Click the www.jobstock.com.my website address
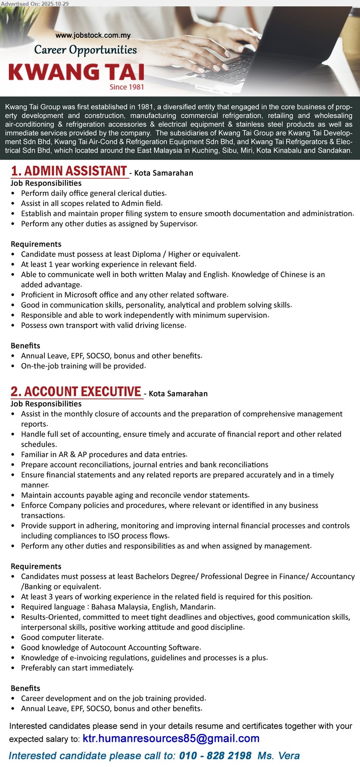(93, 36)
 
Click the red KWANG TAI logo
(77, 72)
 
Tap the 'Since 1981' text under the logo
(127, 87)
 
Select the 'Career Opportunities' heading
(86, 50)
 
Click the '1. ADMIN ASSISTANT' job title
(69, 171)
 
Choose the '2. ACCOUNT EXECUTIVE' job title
(76, 392)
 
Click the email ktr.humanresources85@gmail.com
(171, 739)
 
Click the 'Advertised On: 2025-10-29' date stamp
(35, 3)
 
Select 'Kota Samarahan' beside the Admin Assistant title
(163, 173)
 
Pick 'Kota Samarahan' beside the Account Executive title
(178, 393)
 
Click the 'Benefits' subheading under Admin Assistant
(25, 346)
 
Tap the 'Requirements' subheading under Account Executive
(36, 566)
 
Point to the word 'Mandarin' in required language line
(199, 607)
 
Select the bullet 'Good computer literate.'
(62, 637)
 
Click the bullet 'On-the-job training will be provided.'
(83, 366)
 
